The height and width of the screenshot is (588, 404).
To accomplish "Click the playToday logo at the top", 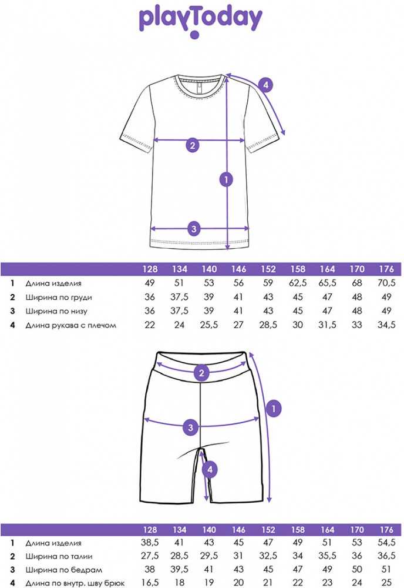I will [200, 19].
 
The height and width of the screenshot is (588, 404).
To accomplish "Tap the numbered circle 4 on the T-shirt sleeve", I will [265, 86].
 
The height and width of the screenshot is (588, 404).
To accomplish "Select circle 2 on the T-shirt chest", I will [192, 145].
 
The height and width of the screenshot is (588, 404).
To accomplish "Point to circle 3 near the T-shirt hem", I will [195, 229].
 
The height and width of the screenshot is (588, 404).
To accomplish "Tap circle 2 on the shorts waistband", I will [201, 372].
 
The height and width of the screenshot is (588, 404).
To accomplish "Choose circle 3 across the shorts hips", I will [190, 426].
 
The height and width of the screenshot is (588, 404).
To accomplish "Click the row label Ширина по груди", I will [59, 297].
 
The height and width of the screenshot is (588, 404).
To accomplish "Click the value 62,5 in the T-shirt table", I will [298, 283].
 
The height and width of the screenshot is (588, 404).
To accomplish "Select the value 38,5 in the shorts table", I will [150, 544].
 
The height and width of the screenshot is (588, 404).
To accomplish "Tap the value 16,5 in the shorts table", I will [150, 583].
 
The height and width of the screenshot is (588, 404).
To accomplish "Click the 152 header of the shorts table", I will [268, 529].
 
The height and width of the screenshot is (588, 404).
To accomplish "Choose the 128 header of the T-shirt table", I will [150, 269].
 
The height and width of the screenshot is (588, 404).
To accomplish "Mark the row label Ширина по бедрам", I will [59, 570].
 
